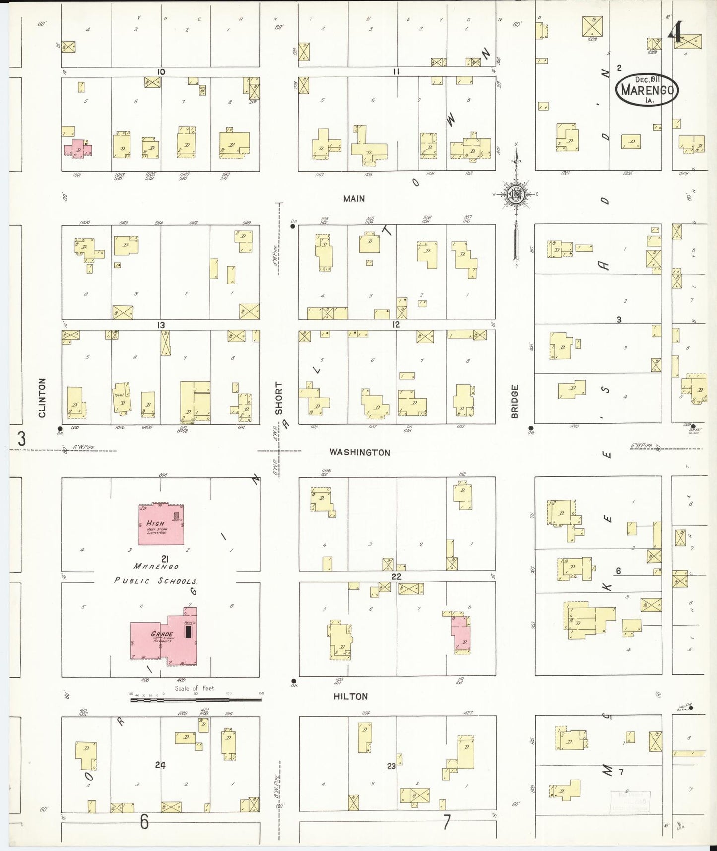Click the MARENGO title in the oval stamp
pyautogui.click(x=647, y=91)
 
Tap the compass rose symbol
pyautogui.click(x=516, y=195)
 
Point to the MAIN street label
pyautogui.click(x=354, y=199)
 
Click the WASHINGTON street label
pyautogui.click(x=360, y=452)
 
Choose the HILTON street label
pyautogui.click(x=350, y=696)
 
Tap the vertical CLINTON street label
pyautogui.click(x=42, y=398)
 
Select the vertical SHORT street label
pyautogui.click(x=279, y=398)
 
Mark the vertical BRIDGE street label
pyautogui.click(x=515, y=401)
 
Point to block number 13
pyautogui.click(x=161, y=325)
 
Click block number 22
pyautogui.click(x=396, y=577)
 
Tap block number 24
pyautogui.click(x=160, y=765)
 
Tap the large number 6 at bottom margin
pyautogui.click(x=144, y=822)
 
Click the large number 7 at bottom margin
pyautogui.click(x=447, y=822)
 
